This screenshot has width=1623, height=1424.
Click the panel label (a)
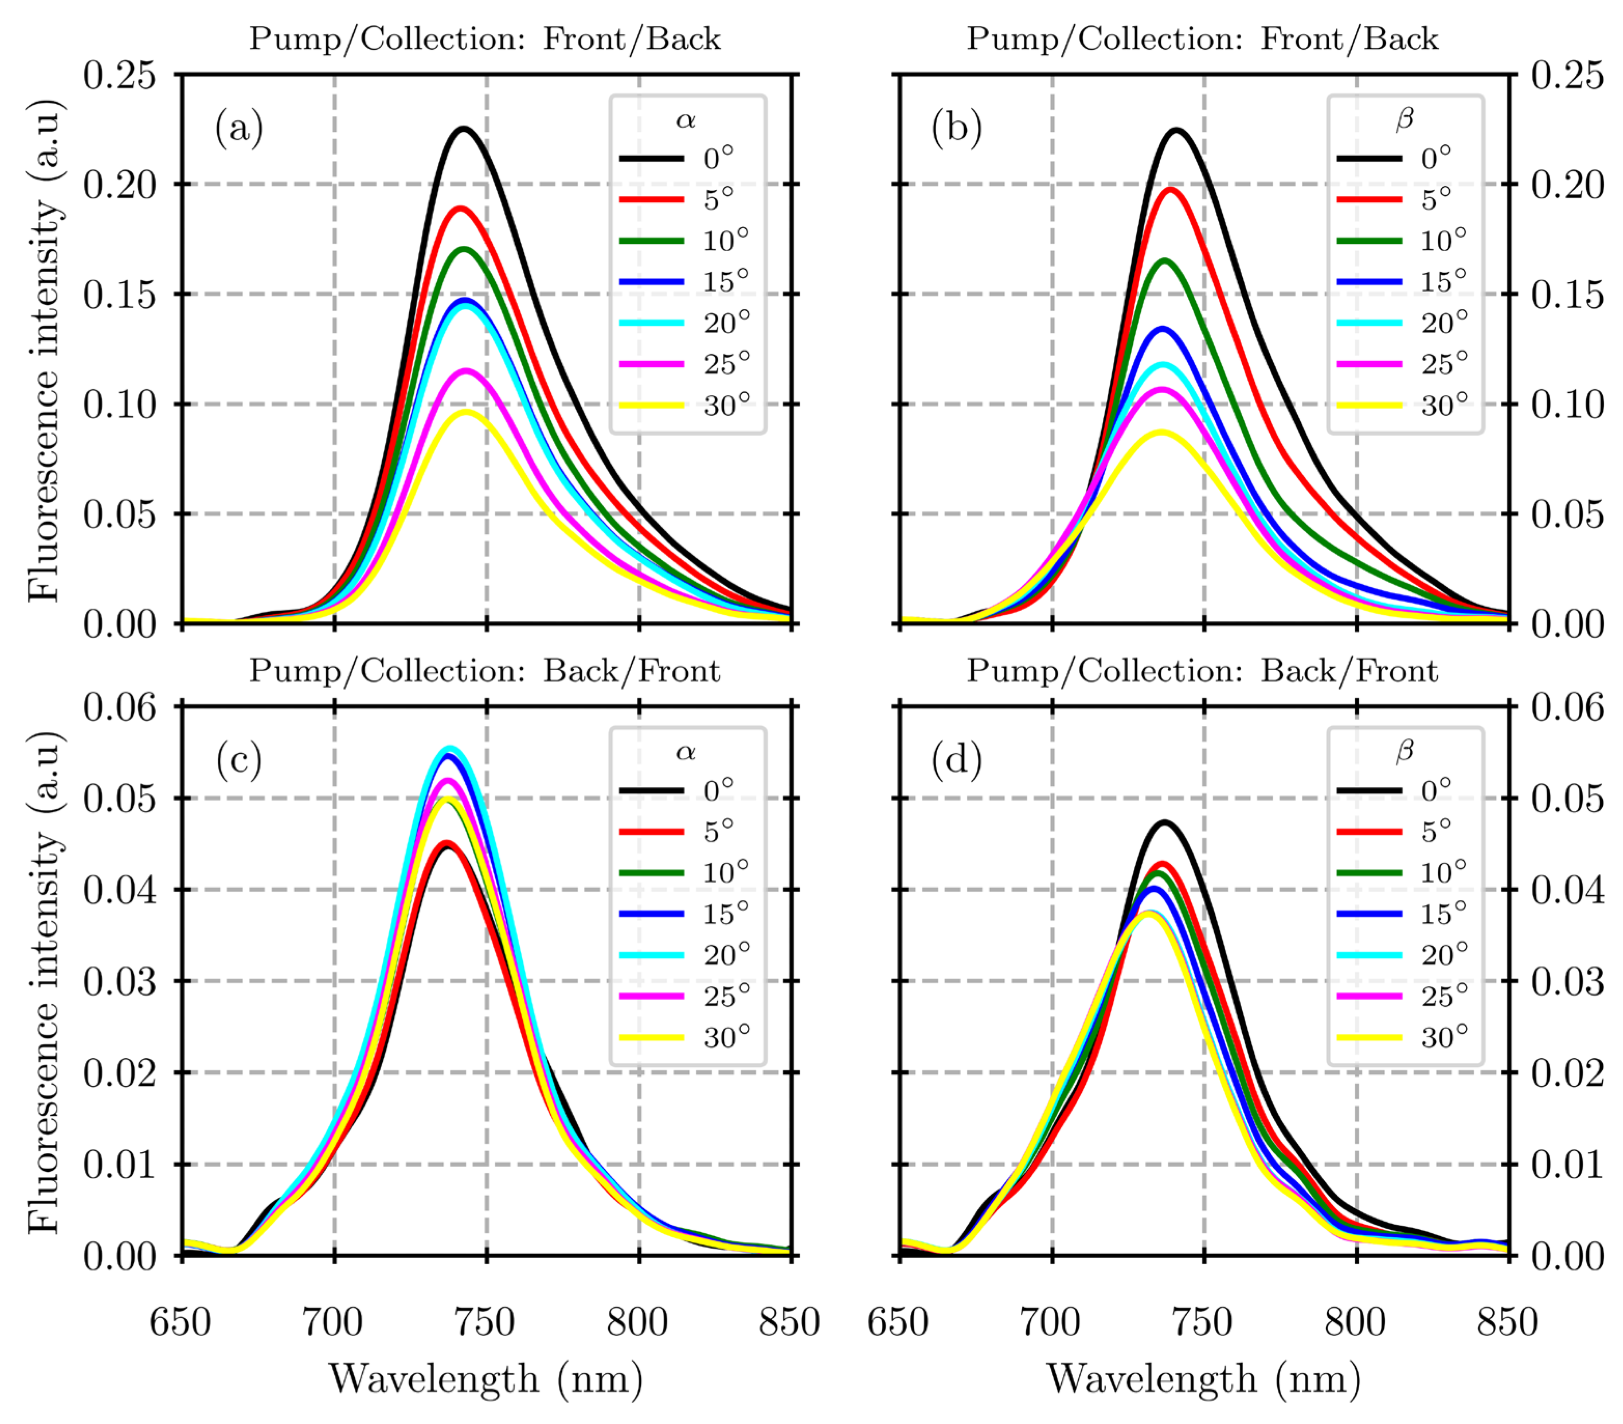pos(238,128)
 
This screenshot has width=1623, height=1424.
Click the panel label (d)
pos(956,759)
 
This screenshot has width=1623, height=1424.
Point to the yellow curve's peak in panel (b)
pos(1162,432)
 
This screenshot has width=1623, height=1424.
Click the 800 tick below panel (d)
pos(1355,1322)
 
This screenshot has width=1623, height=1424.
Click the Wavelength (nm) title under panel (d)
pos(1203,1379)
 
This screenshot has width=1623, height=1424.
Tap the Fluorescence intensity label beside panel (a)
pos(43,350)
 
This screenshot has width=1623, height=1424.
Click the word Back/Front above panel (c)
pos(631,671)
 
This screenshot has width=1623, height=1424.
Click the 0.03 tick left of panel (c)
pos(119,981)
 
